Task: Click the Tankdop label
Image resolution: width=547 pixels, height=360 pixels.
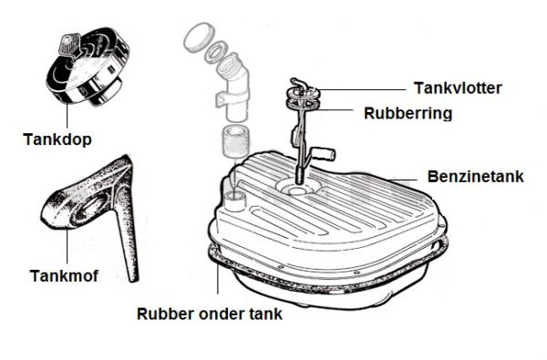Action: (x=57, y=139)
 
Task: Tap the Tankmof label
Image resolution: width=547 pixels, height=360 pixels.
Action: (x=64, y=276)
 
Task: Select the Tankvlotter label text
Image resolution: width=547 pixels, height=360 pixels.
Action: (x=458, y=87)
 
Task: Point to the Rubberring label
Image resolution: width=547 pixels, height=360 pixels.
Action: (x=408, y=113)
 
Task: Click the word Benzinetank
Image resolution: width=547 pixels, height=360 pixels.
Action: (x=476, y=177)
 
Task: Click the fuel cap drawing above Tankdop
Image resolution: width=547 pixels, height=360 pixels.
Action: (x=88, y=67)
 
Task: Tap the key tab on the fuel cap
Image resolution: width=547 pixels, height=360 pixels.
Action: (x=70, y=45)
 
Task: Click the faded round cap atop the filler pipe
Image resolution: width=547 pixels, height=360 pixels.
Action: (x=198, y=37)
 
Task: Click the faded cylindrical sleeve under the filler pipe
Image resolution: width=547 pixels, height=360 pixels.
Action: (x=236, y=140)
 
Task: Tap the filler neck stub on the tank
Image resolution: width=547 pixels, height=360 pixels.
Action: (x=235, y=201)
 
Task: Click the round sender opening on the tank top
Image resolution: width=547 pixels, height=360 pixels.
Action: (x=296, y=189)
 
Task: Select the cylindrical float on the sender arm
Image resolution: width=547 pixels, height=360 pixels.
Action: (x=324, y=153)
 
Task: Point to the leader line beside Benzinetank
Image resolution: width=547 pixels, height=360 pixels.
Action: (x=403, y=180)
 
